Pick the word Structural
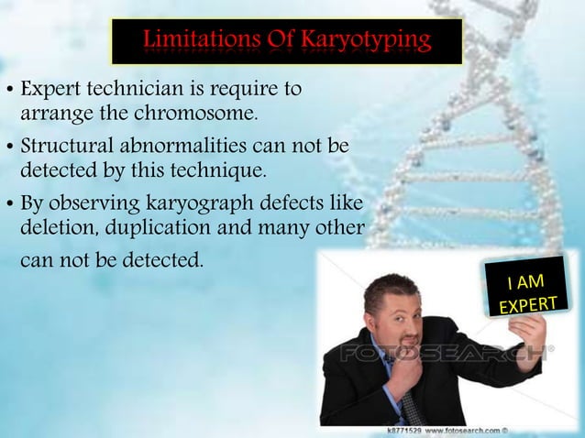click(x=63, y=147)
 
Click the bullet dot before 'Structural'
click(x=9, y=148)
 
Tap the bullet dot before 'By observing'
click(x=9, y=203)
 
